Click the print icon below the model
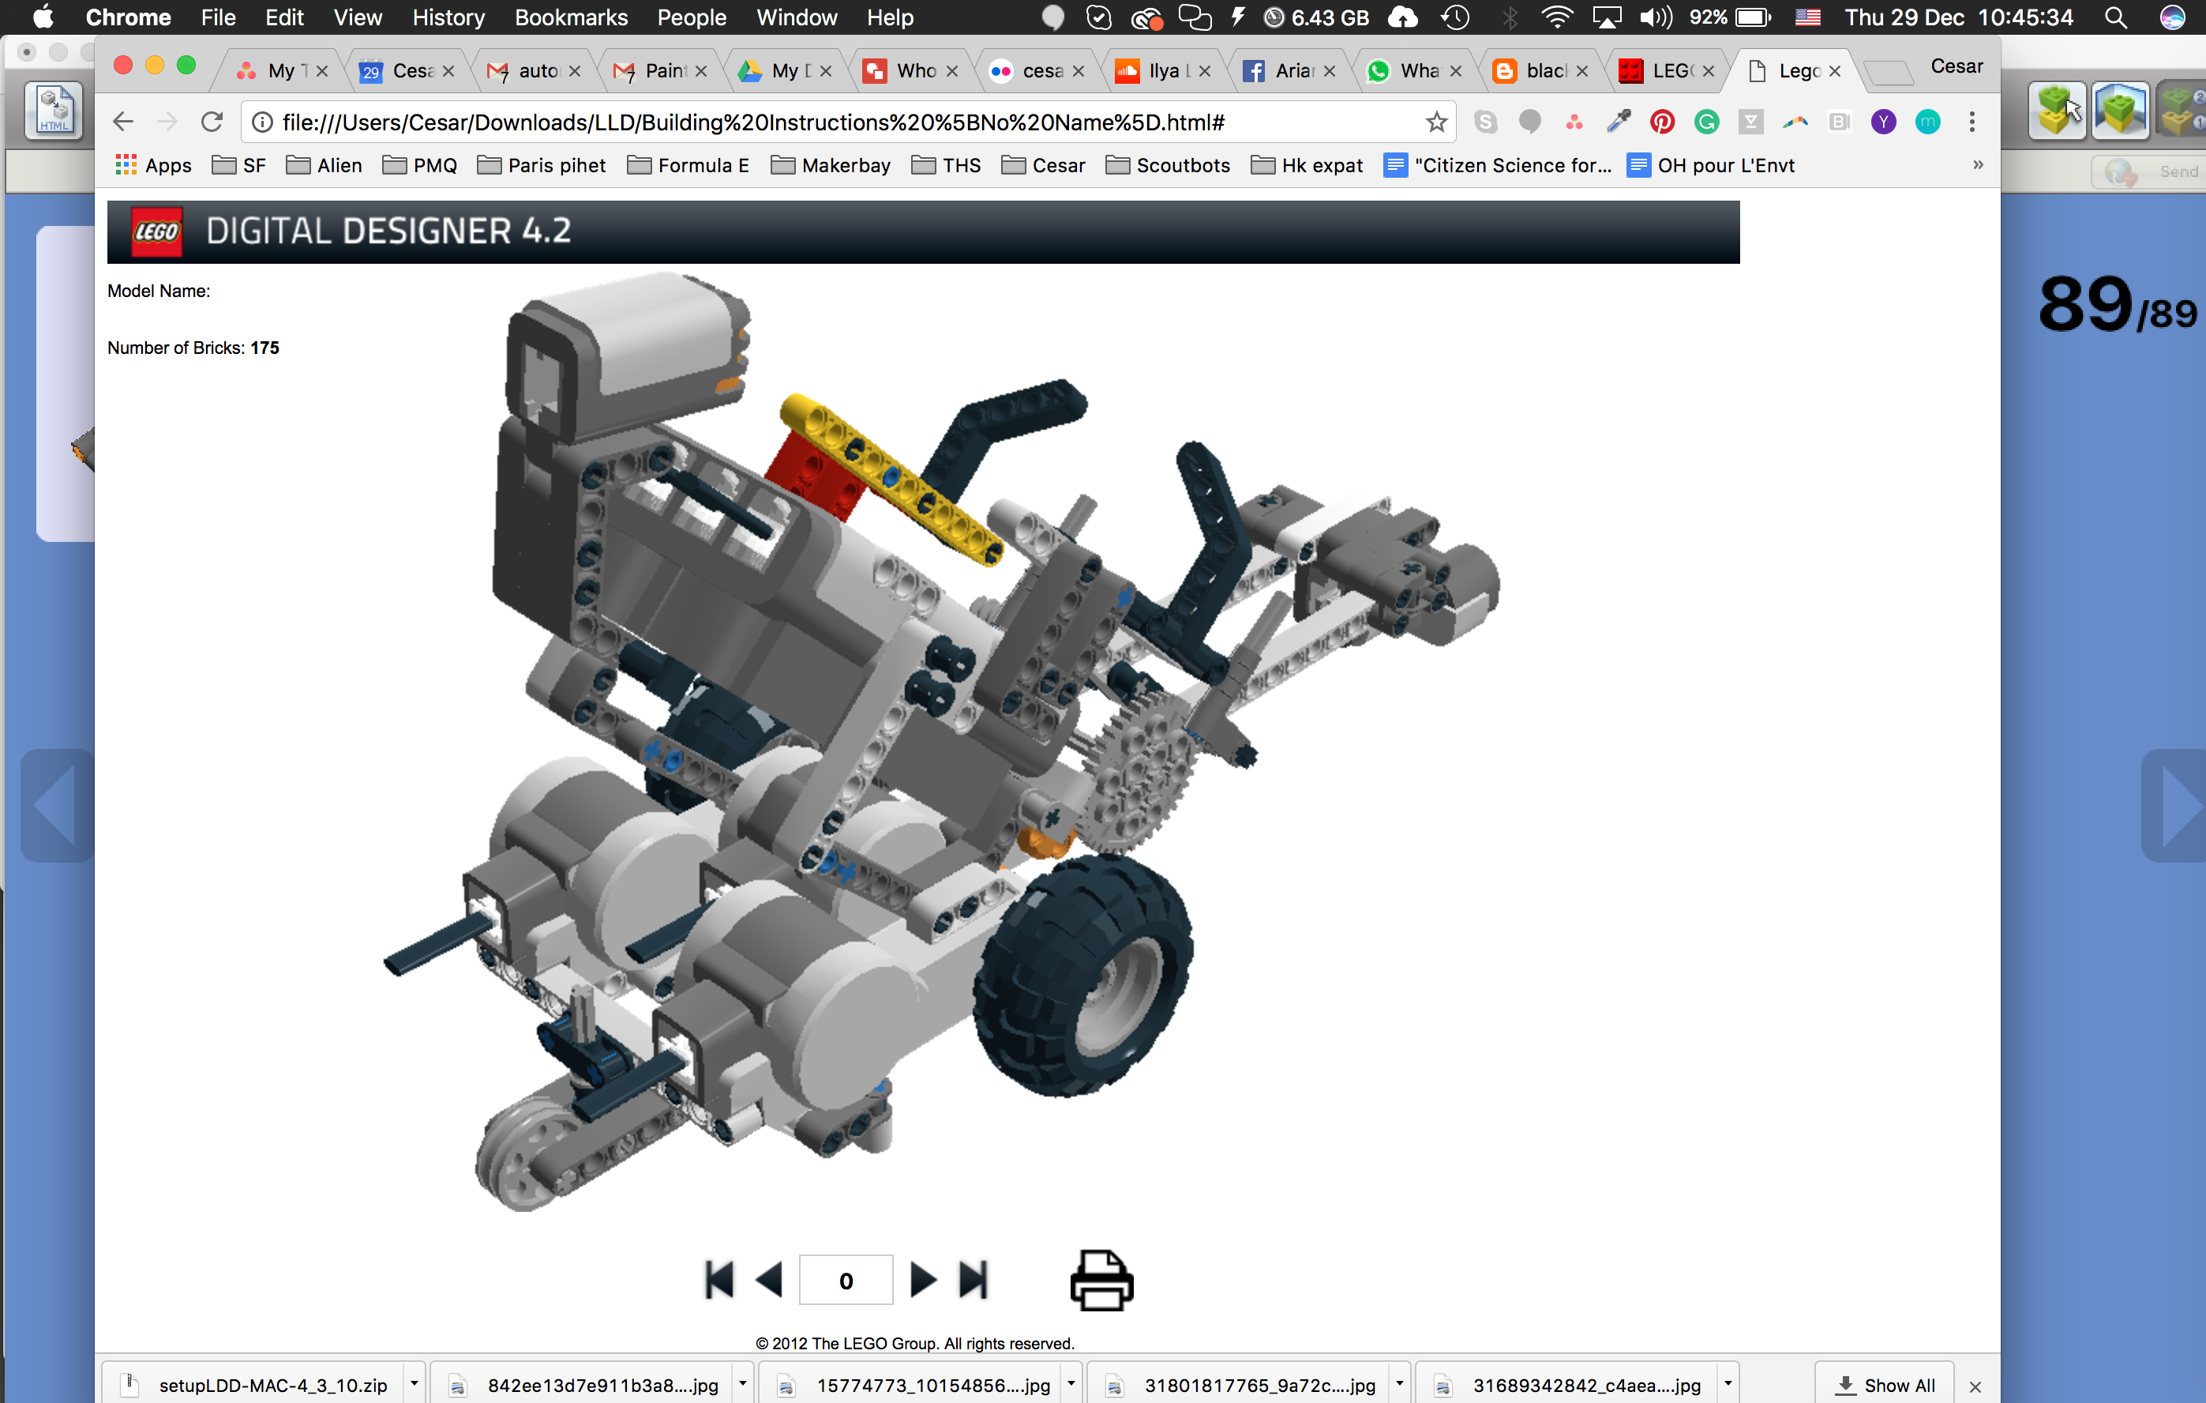pos(1101,1281)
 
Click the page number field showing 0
pos(846,1281)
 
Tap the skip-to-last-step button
pos(973,1281)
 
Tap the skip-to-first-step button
pos(719,1281)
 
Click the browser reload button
pos(212,122)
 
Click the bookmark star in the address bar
pos(1435,122)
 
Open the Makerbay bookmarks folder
pos(831,166)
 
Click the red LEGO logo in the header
pos(156,231)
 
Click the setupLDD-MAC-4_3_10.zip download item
pos(272,1385)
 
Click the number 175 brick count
pos(264,348)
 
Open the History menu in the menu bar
pos(448,17)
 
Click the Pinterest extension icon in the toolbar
pos(1662,122)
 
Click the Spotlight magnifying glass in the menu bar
pos(2115,17)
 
